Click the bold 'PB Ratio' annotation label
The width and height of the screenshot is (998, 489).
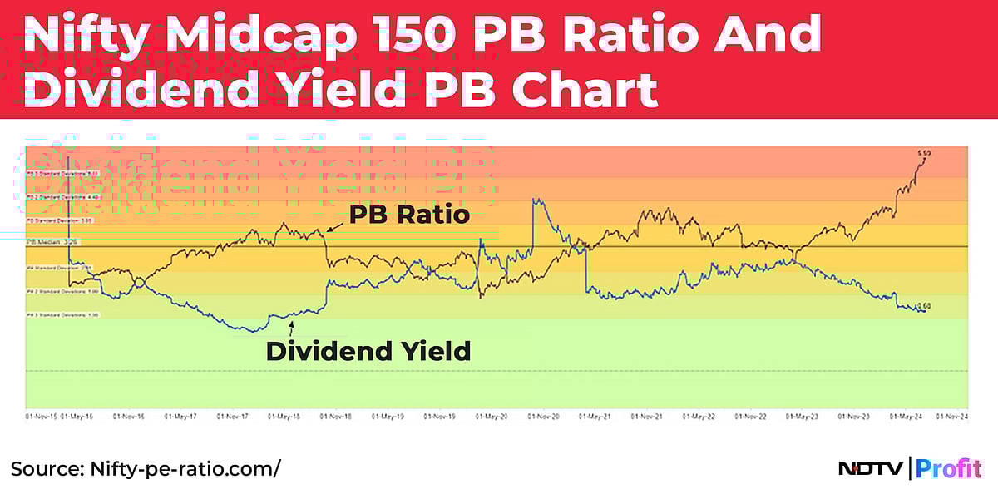pos(409,215)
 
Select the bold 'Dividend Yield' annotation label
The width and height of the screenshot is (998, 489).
pos(368,351)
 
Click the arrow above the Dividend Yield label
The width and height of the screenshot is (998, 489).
pos(290,330)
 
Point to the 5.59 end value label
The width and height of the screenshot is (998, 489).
pos(924,154)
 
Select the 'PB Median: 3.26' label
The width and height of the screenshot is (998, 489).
pos(47,241)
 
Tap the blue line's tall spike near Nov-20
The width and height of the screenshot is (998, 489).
pos(536,201)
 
